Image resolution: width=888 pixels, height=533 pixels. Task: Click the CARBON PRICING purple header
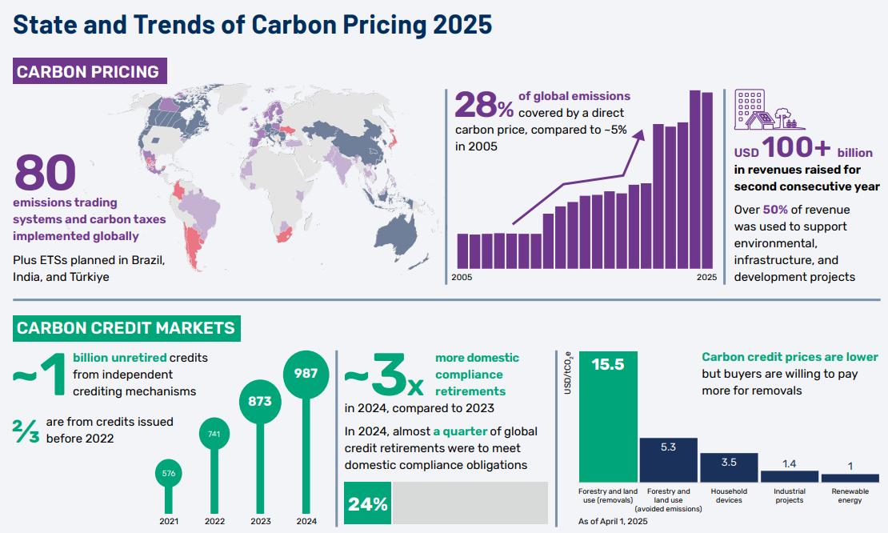click(88, 72)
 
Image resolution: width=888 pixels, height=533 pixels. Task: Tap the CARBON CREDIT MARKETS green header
click(126, 328)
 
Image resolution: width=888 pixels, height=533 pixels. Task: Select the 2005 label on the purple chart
click(462, 278)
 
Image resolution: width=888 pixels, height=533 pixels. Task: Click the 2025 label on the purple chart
click(706, 278)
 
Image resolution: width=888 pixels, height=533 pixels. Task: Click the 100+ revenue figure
click(796, 148)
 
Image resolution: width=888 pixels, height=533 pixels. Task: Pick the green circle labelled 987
click(306, 373)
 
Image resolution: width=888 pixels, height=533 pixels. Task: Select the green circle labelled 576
click(169, 473)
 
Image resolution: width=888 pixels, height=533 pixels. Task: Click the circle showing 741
click(214, 434)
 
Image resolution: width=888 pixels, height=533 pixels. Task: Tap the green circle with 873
click(260, 402)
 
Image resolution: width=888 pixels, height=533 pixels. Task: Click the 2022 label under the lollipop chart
click(214, 521)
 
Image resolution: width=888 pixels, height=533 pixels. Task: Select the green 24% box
click(368, 503)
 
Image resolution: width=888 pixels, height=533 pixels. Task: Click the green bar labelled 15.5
click(608, 416)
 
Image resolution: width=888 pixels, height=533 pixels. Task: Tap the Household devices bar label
click(729, 495)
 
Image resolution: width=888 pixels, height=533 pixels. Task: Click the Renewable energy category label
click(850, 495)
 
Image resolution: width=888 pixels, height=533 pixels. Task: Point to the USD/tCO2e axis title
click(568, 374)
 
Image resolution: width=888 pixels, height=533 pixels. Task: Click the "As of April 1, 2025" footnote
click(613, 521)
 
